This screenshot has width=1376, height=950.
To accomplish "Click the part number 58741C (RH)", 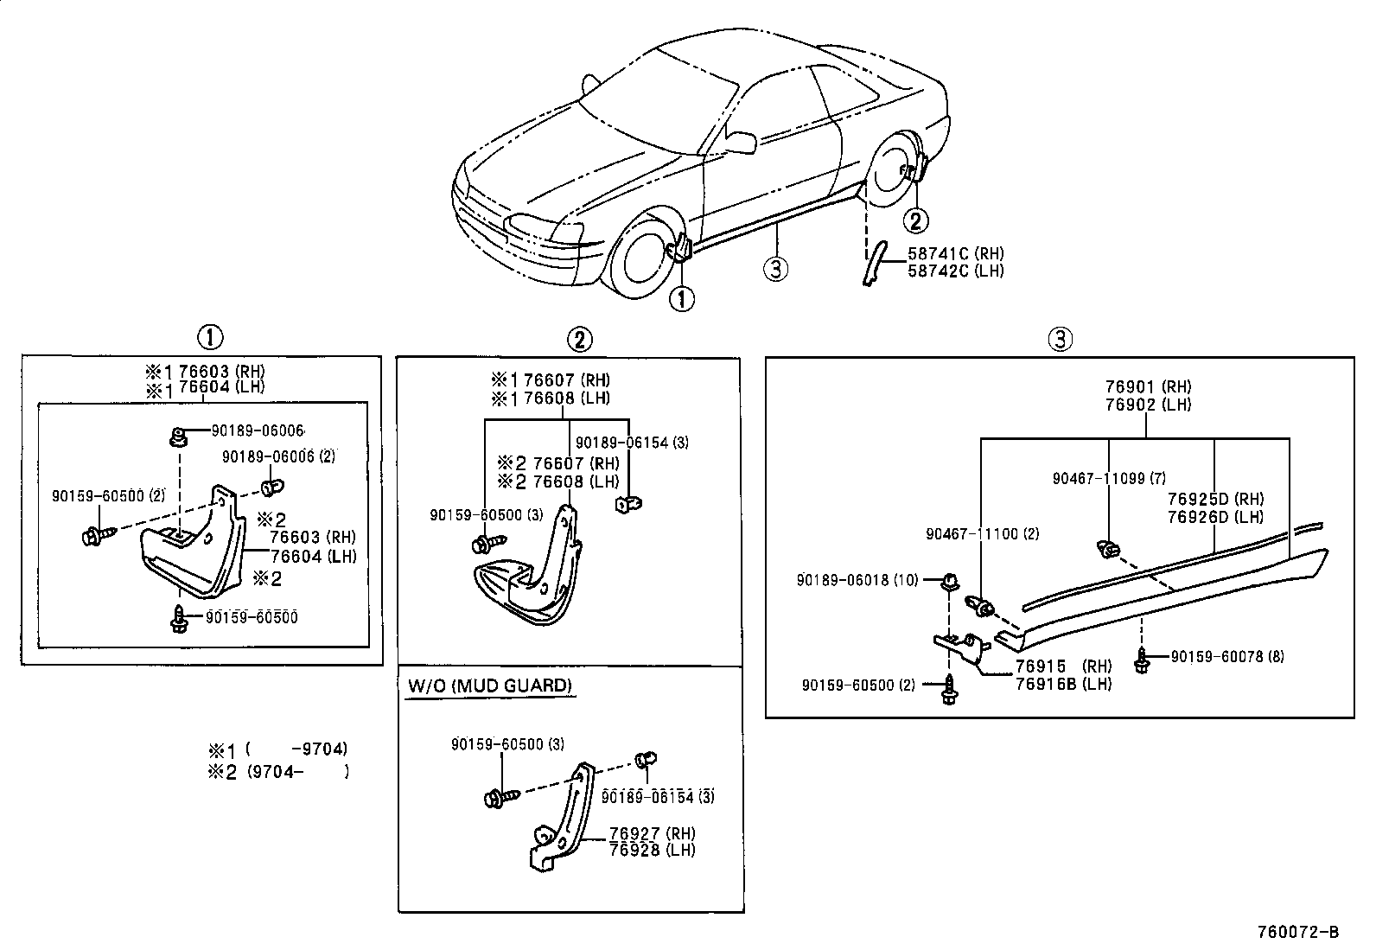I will click(955, 253).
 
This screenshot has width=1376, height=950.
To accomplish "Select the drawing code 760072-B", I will click(1297, 933).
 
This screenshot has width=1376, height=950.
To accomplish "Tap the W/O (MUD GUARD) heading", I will click(489, 685).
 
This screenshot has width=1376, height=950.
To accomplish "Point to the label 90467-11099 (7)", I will click(1110, 478).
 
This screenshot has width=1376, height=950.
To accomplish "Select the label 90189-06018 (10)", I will click(857, 581).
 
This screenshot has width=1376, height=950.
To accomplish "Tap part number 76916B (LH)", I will click(1063, 684).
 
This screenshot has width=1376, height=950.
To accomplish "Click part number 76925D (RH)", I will click(1215, 500).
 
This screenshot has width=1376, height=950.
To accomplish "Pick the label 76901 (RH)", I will click(1148, 387).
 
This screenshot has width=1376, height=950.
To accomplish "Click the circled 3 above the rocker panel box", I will click(1061, 339).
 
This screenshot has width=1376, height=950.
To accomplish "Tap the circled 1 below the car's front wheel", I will click(682, 299).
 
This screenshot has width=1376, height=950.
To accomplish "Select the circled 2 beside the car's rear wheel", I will click(916, 221).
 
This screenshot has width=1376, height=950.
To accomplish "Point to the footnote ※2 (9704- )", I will click(277, 772).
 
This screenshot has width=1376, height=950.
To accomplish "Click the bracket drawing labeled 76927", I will click(560, 821).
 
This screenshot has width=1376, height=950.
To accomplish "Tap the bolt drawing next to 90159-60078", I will click(1143, 660).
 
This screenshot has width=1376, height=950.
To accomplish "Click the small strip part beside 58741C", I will click(872, 263).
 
